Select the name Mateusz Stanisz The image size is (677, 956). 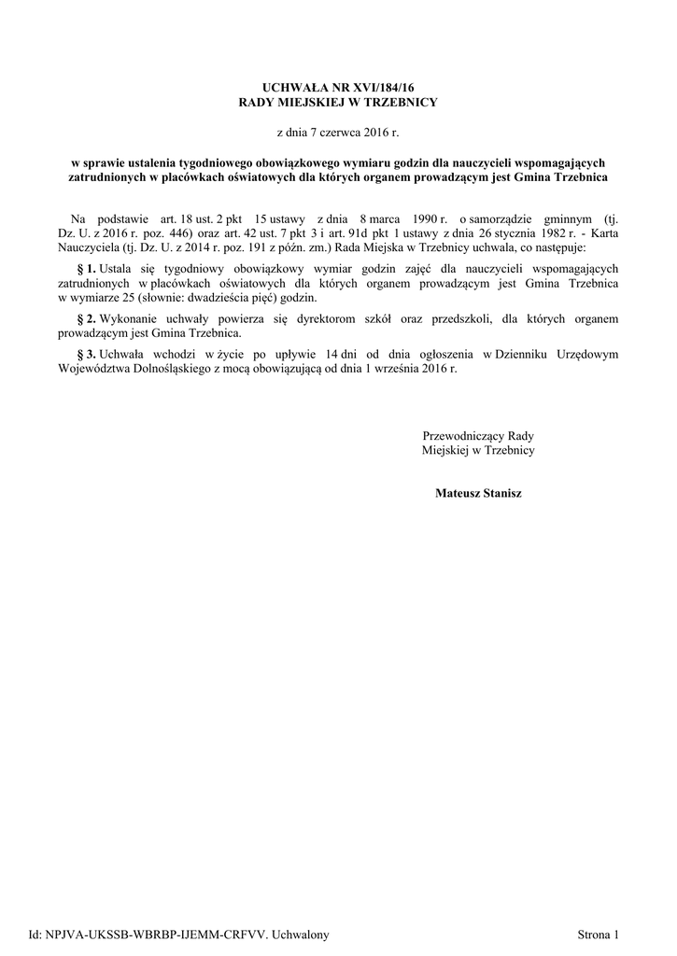[x=478, y=492]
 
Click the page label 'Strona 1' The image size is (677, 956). [x=599, y=935]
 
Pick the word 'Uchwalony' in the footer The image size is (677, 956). [x=300, y=935]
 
